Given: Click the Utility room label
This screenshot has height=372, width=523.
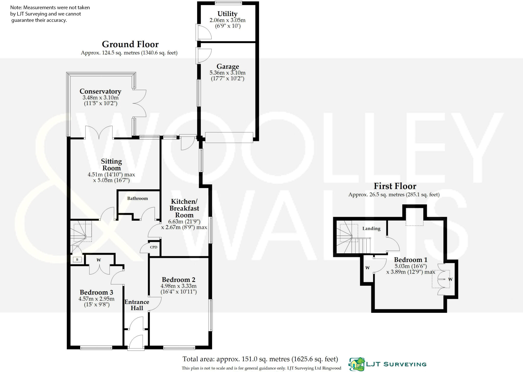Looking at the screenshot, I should tap(227, 14).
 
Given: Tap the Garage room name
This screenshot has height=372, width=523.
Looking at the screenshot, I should tap(228, 67).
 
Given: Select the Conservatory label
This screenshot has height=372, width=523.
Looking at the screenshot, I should tap(100, 91).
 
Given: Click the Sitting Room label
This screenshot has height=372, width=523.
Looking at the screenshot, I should tap(111, 165).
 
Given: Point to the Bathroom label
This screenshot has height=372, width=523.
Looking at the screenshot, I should tap(137, 199).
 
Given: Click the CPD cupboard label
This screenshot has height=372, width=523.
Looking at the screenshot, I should tap(153, 247).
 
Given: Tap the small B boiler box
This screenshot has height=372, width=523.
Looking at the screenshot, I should tap(77, 260).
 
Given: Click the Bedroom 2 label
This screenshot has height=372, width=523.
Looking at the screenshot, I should tap(179, 280).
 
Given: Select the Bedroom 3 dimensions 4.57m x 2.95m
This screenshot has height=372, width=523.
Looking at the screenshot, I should tap(97, 299).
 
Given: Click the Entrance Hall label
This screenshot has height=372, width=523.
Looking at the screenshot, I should tap(137, 305).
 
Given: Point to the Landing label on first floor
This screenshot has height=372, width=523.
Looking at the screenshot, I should tap(371, 229).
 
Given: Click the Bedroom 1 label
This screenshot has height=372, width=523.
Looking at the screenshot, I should tap(411, 260).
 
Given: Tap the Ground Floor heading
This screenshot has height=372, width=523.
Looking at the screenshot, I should tap(130, 44).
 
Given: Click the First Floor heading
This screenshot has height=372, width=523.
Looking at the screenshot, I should tap(395, 186).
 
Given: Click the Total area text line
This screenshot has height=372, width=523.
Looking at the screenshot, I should tap(260, 359).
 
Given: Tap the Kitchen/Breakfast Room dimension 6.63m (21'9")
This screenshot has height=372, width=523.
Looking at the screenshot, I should tap(184, 221).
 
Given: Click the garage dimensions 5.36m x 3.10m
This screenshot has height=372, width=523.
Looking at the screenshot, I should tap(228, 73).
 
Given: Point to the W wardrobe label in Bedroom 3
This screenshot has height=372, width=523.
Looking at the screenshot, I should tap(99, 260).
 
